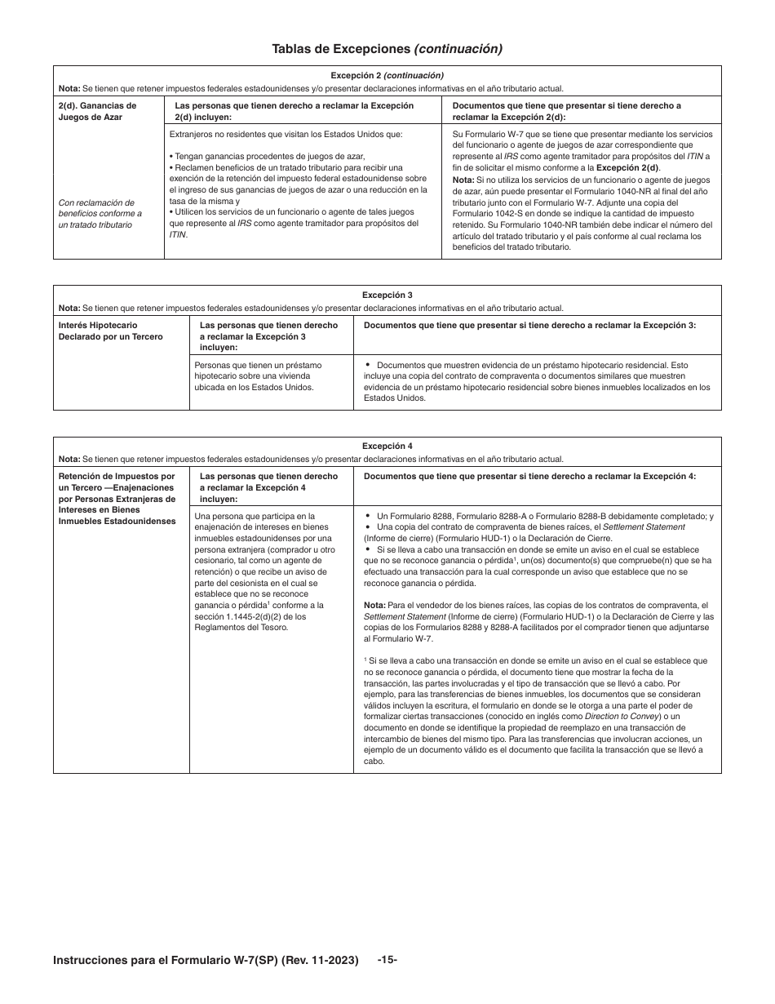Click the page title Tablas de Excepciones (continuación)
387,49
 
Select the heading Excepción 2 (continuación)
387,75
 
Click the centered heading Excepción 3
387,295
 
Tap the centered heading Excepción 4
387,446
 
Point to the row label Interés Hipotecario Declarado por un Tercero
110,331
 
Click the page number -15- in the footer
387,959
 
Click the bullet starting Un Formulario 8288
538,517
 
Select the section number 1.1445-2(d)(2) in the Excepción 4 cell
242,616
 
